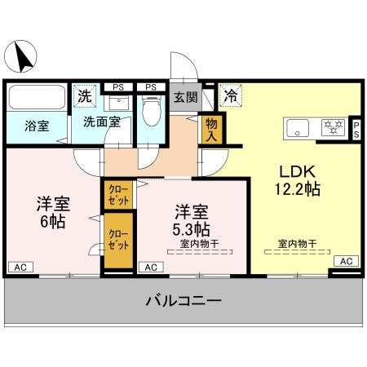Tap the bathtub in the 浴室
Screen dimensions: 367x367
pos(38,100)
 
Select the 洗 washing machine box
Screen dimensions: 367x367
pos(84,96)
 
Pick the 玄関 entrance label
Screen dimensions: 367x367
pos(185,96)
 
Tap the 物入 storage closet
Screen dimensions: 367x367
pos(211,129)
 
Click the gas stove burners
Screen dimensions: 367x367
pos(332,126)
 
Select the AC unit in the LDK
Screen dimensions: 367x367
pos(345,260)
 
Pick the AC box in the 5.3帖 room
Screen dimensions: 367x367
pos(150,266)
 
